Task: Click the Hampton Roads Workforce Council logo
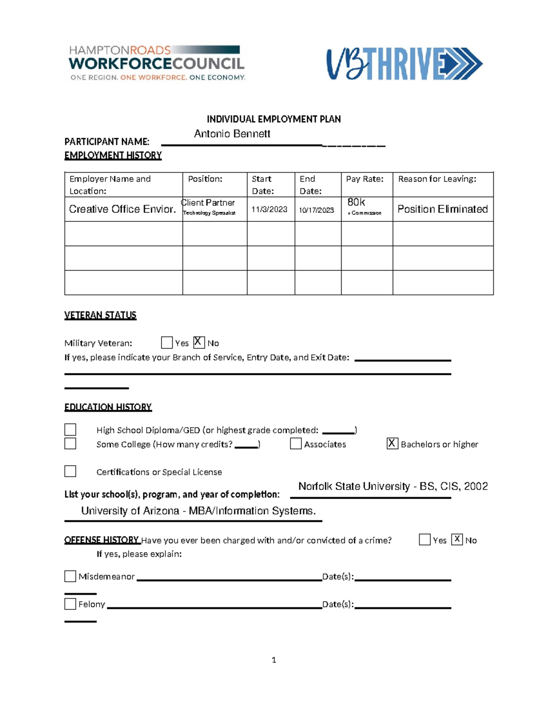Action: pos(157,63)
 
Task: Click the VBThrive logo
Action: pos(404,64)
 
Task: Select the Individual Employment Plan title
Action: pos(274,119)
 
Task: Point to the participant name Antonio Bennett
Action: pos(232,134)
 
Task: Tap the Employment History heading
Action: pos(113,155)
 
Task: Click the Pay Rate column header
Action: pos(364,179)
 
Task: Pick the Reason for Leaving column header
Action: pos(437,179)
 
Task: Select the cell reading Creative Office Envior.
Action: pos(122,209)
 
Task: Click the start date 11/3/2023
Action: pos(269,210)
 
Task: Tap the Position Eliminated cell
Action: pos(443,209)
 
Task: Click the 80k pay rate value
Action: pos(356,202)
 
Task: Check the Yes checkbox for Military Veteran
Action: pos(167,342)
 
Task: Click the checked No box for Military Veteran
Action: pos(199,342)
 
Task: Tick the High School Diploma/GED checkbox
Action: pos(70,430)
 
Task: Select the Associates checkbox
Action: pos(296,443)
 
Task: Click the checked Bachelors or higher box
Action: pos(392,443)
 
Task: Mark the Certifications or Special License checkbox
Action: pos(70,471)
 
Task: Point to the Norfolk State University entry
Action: pos(393,486)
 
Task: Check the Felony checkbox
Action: pos(70,604)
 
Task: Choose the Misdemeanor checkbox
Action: pos(70,576)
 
